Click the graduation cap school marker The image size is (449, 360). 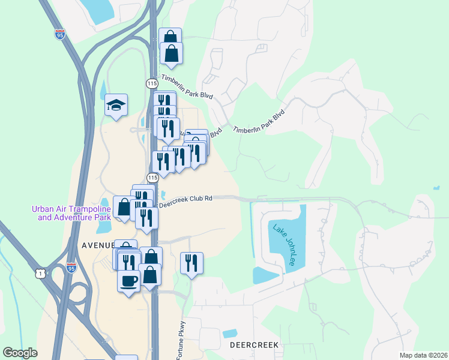[116, 106]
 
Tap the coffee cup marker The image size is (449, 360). [128, 281]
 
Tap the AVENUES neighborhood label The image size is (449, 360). [97, 245]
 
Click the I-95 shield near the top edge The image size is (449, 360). [59, 33]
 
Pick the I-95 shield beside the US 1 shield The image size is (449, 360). [71, 268]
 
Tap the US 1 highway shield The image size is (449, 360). [40, 274]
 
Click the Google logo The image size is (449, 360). [20, 353]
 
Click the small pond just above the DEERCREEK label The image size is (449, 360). [229, 333]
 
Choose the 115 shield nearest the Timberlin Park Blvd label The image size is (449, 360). [152, 83]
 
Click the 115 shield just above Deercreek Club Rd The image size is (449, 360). [152, 178]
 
